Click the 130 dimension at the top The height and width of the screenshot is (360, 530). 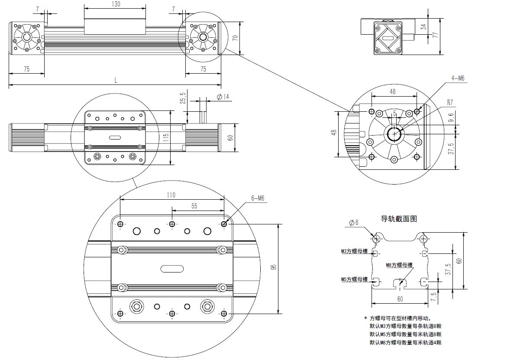(x=115, y=4)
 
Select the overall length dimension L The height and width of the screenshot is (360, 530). (x=116, y=80)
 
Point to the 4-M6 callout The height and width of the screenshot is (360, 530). (x=458, y=78)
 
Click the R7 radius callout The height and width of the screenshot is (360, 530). (x=450, y=103)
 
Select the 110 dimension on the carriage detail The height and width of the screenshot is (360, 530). (x=171, y=195)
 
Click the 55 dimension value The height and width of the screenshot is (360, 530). (x=194, y=206)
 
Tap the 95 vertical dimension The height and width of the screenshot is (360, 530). (x=273, y=267)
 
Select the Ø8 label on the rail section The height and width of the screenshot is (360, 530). (x=354, y=223)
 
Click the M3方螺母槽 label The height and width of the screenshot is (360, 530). (x=354, y=251)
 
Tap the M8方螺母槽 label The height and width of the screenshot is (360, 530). (x=399, y=265)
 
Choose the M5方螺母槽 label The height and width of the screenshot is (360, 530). (x=354, y=279)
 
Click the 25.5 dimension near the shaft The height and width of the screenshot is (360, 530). (x=183, y=98)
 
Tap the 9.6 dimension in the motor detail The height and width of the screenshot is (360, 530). (x=451, y=117)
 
